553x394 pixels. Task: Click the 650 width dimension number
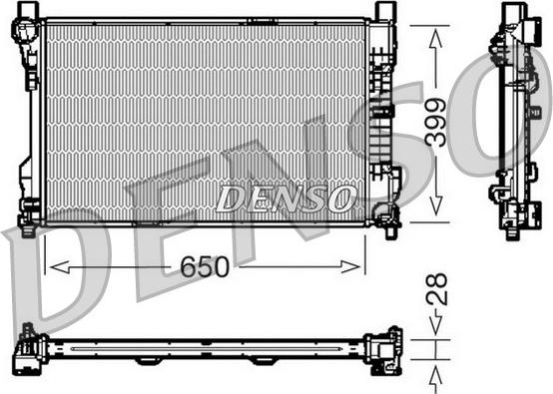coord(206,267)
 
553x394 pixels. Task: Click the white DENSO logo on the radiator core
coord(285,198)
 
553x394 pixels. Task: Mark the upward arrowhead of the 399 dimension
coord(435,33)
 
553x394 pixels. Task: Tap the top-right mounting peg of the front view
coord(384,10)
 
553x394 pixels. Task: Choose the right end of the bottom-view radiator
coord(384,350)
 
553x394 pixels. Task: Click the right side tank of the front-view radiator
coord(379,115)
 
